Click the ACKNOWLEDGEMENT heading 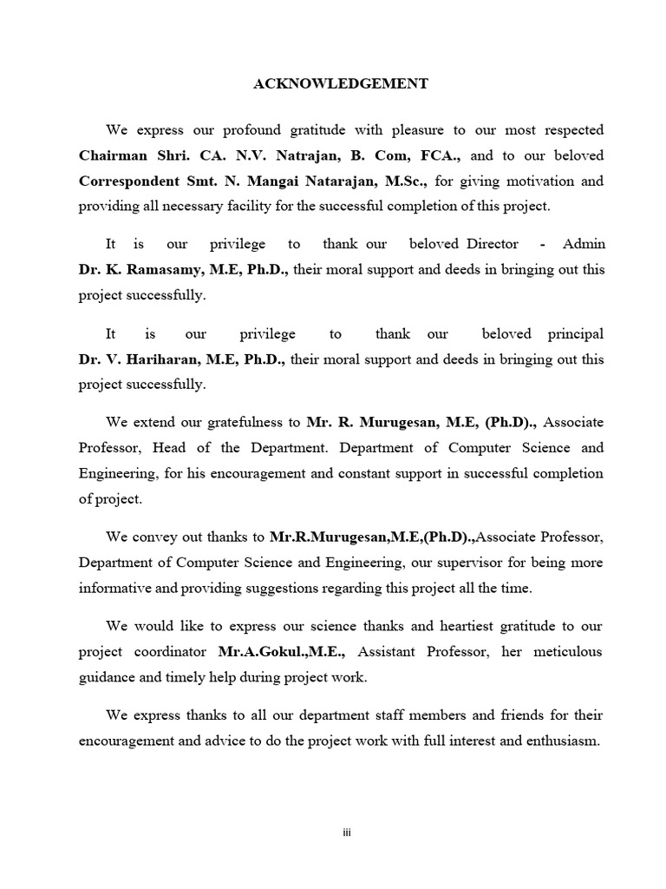(x=340, y=84)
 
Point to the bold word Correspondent (x=130, y=182)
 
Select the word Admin (x=584, y=245)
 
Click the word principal (x=576, y=334)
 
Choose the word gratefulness (x=243, y=423)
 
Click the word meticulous (x=566, y=652)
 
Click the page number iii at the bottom (x=346, y=833)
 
